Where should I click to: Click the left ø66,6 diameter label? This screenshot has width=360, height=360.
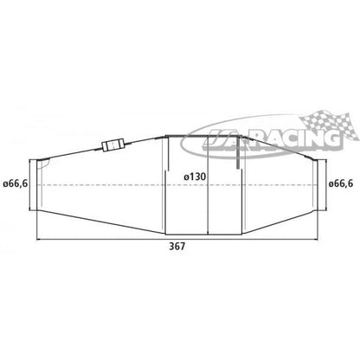click(x=15, y=184)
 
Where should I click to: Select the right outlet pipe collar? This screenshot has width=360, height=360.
click(x=318, y=184)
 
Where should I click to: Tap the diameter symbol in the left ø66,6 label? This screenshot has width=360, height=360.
click(x=4, y=184)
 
